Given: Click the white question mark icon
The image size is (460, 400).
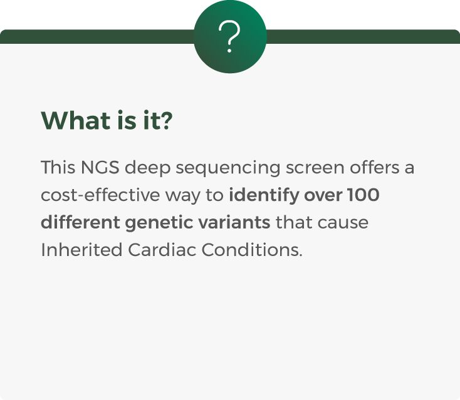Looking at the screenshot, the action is [229, 37].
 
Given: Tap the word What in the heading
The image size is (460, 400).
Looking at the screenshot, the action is [75, 120].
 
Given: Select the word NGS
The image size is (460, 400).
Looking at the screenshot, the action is [100, 167].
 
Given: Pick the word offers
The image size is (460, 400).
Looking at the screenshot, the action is [374, 167].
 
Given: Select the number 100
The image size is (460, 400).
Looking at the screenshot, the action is [363, 195].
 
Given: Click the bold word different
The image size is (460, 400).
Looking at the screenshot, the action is [80, 222].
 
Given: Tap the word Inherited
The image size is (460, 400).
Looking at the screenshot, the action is [81, 250].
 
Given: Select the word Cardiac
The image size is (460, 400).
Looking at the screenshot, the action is [162, 250].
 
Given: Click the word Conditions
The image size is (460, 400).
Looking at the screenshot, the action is [252, 250].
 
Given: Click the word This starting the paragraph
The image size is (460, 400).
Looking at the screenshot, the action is [58, 167].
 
